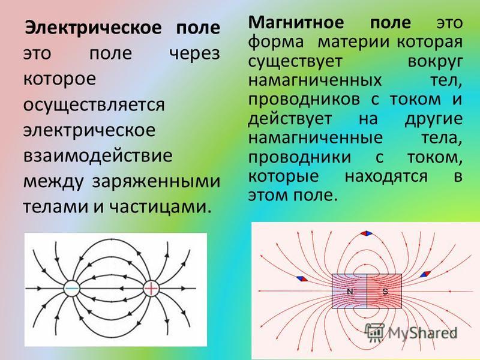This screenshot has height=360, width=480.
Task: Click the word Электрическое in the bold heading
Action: [93, 28]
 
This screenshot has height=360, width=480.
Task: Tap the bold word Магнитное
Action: [296, 22]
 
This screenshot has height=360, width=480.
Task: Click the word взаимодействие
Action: [98, 156]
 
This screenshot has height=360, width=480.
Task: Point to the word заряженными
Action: [156, 182]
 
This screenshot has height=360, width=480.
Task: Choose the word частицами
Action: [160, 207]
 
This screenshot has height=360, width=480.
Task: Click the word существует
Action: [295, 62]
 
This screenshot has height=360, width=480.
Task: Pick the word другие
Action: [433, 119]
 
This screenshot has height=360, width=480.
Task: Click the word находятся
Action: [386, 176]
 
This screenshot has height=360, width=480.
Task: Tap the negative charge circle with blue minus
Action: [72, 289]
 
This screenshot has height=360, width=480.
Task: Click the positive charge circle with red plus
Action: [151, 289]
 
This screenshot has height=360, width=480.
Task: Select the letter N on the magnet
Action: [350, 292]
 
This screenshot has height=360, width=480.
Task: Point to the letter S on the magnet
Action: [385, 292]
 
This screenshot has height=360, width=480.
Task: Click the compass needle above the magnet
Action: [367, 233]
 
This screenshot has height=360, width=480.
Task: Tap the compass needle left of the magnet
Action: [302, 279]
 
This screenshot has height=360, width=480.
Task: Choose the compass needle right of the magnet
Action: [425, 274]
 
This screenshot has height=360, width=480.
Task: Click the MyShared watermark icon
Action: [375, 332]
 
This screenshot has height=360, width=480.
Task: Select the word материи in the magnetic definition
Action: [353, 42]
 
